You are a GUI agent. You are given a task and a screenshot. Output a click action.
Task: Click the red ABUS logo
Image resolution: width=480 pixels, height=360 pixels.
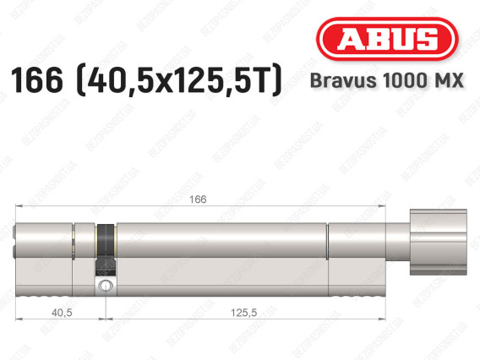387,39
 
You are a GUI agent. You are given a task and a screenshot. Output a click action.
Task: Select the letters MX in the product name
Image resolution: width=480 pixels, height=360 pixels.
450,80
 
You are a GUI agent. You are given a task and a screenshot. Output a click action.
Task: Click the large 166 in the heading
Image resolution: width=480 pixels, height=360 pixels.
36,80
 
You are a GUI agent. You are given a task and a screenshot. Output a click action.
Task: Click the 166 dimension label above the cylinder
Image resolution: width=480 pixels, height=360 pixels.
198,199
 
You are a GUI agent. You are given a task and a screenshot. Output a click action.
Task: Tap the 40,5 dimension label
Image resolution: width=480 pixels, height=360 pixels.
62,313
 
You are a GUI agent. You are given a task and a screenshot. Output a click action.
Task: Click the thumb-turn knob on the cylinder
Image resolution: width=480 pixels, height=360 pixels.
439,242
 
